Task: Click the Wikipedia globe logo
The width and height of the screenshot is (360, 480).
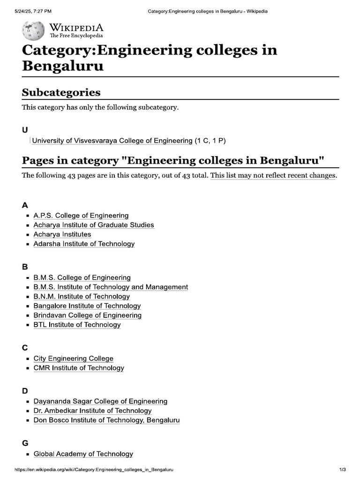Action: coord(33,30)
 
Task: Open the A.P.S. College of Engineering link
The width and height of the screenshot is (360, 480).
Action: coord(81,216)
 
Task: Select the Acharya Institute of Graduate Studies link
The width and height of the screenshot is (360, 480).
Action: coord(93,225)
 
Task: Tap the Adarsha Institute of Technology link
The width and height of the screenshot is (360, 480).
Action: coord(84,244)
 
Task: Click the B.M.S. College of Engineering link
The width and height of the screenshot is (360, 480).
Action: coord(82,277)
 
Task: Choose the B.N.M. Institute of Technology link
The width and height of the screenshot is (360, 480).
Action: coord(82,296)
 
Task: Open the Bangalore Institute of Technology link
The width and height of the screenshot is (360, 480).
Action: coord(87,306)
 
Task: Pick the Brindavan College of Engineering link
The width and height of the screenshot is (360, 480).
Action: coord(87,315)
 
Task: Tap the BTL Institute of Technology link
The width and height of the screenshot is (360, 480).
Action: coord(77,325)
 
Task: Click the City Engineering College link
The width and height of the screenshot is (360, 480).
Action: coord(73,359)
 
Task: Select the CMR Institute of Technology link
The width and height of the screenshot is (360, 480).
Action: coord(79,368)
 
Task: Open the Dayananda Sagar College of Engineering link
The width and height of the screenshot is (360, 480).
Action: coord(100,401)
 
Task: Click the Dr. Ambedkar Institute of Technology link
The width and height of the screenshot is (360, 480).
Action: coord(92,411)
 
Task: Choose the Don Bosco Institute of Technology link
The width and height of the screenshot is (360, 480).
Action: coord(106,420)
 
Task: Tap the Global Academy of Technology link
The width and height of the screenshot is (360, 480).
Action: coord(83,454)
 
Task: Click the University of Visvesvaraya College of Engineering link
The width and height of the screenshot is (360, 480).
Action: coord(112,141)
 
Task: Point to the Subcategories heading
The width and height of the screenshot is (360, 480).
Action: coord(61,92)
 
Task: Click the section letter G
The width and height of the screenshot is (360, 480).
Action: coord(25,443)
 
